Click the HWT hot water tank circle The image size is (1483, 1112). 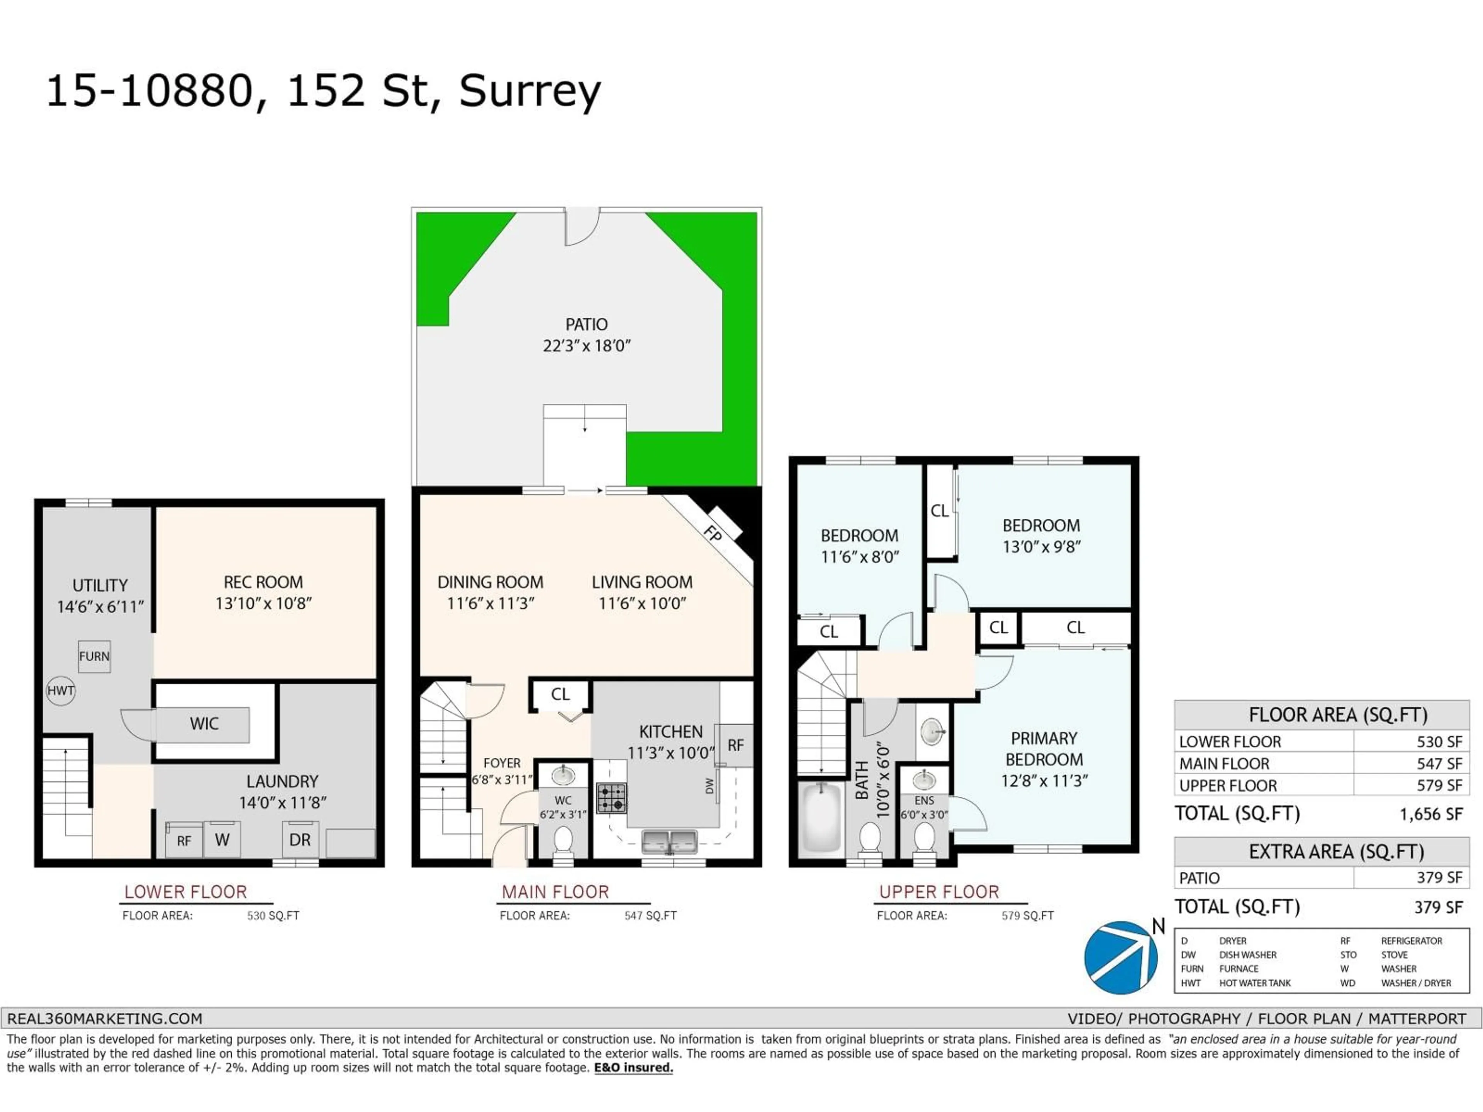pos(60,690)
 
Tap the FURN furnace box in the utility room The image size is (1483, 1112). pos(94,656)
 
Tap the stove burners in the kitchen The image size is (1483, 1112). pos(611,798)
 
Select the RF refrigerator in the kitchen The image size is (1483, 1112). pos(735,745)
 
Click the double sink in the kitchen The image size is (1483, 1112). pos(669,841)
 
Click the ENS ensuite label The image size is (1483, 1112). pos(924,800)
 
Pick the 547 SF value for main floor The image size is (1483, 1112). pos(1439,763)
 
